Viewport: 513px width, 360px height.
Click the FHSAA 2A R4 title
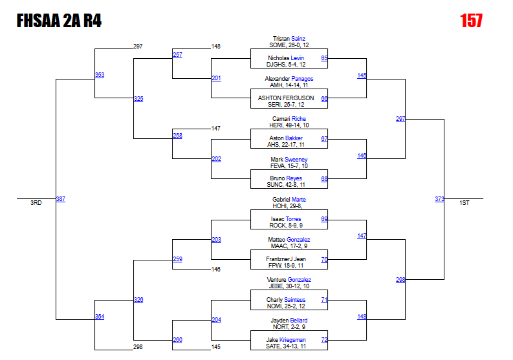click(59, 21)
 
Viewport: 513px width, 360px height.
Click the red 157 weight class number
click(471, 21)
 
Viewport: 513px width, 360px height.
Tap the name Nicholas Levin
click(286, 58)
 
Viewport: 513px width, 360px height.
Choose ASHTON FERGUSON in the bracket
click(286, 98)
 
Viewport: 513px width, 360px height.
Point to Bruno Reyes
click(286, 178)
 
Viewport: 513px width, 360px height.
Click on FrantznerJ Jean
click(286, 259)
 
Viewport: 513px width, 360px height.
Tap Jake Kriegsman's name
click(286, 339)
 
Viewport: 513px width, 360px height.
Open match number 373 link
click(439, 199)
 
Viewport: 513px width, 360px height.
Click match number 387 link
click(60, 199)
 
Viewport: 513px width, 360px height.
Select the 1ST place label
click(464, 203)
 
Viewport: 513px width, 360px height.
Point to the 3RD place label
click(36, 203)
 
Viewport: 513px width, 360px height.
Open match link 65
click(324, 58)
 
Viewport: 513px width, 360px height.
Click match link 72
click(324, 339)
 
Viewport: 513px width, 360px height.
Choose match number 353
click(99, 75)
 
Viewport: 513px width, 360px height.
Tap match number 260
click(177, 339)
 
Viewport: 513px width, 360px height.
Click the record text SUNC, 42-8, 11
click(286, 185)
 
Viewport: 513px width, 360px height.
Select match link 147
click(362, 236)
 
